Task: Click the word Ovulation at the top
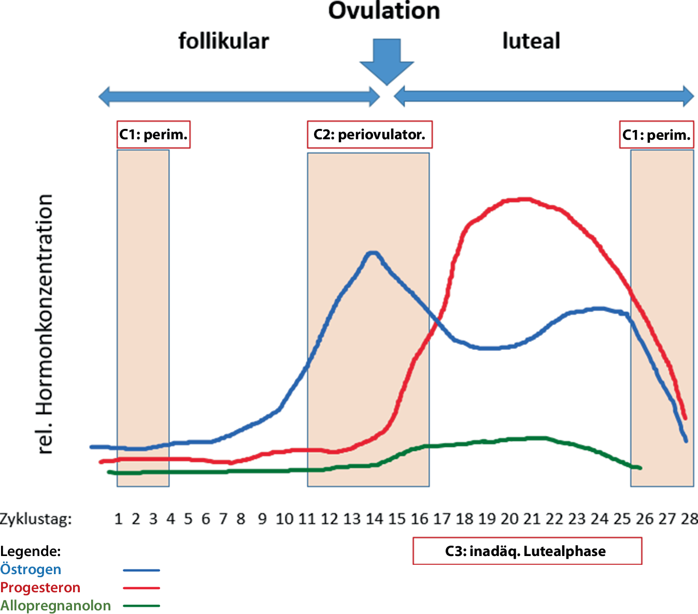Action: click(384, 11)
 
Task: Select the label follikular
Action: click(223, 41)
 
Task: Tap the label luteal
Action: click(531, 41)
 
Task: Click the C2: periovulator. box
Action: click(369, 135)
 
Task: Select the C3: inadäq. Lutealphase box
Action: click(527, 551)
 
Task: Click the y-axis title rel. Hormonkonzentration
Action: click(46, 324)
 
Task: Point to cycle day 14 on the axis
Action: click(374, 518)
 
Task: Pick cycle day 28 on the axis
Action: click(689, 518)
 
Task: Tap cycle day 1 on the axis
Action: click(118, 518)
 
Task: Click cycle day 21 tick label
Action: click(532, 518)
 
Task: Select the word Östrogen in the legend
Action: click(31, 569)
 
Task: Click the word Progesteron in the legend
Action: click(40, 588)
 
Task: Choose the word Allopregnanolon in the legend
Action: click(55, 606)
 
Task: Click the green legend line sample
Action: click(141, 606)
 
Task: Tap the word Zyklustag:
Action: click(36, 519)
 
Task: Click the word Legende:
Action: click(31, 551)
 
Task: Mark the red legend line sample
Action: click(141, 588)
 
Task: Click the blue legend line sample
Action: click(141, 570)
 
